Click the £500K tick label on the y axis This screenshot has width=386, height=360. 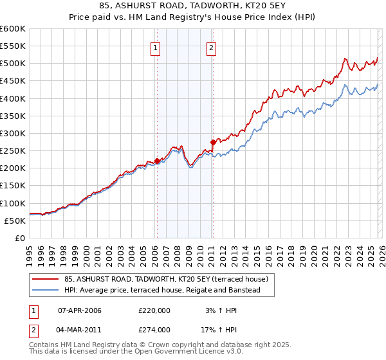(12, 64)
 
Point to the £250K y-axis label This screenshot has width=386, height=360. (12, 151)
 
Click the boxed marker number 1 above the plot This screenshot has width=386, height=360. (156, 46)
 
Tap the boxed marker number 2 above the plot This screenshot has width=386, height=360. (212, 46)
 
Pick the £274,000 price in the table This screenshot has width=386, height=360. (154, 329)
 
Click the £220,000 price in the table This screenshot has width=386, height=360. (154, 310)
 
